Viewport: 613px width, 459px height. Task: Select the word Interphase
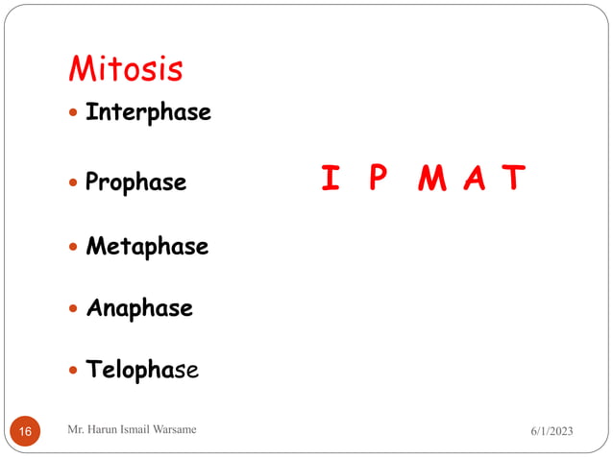click(148, 112)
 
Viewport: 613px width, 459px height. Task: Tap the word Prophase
click(135, 181)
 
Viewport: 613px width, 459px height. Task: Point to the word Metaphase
click(147, 247)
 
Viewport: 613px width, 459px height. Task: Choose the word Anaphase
click(139, 308)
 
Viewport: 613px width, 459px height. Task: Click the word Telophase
click(142, 371)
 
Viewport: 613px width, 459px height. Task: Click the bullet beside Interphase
click(75, 113)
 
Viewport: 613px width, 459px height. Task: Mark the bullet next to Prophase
click(75, 182)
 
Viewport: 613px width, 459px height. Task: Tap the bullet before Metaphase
click(75, 248)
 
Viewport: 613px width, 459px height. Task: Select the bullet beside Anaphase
click(75, 309)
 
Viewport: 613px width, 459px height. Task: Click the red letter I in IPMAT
click(330, 178)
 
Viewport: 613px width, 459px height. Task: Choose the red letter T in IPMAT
click(516, 178)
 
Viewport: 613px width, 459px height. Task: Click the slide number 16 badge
click(25, 432)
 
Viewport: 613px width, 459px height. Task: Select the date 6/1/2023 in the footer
click(551, 432)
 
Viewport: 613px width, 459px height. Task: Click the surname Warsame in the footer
click(171, 429)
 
